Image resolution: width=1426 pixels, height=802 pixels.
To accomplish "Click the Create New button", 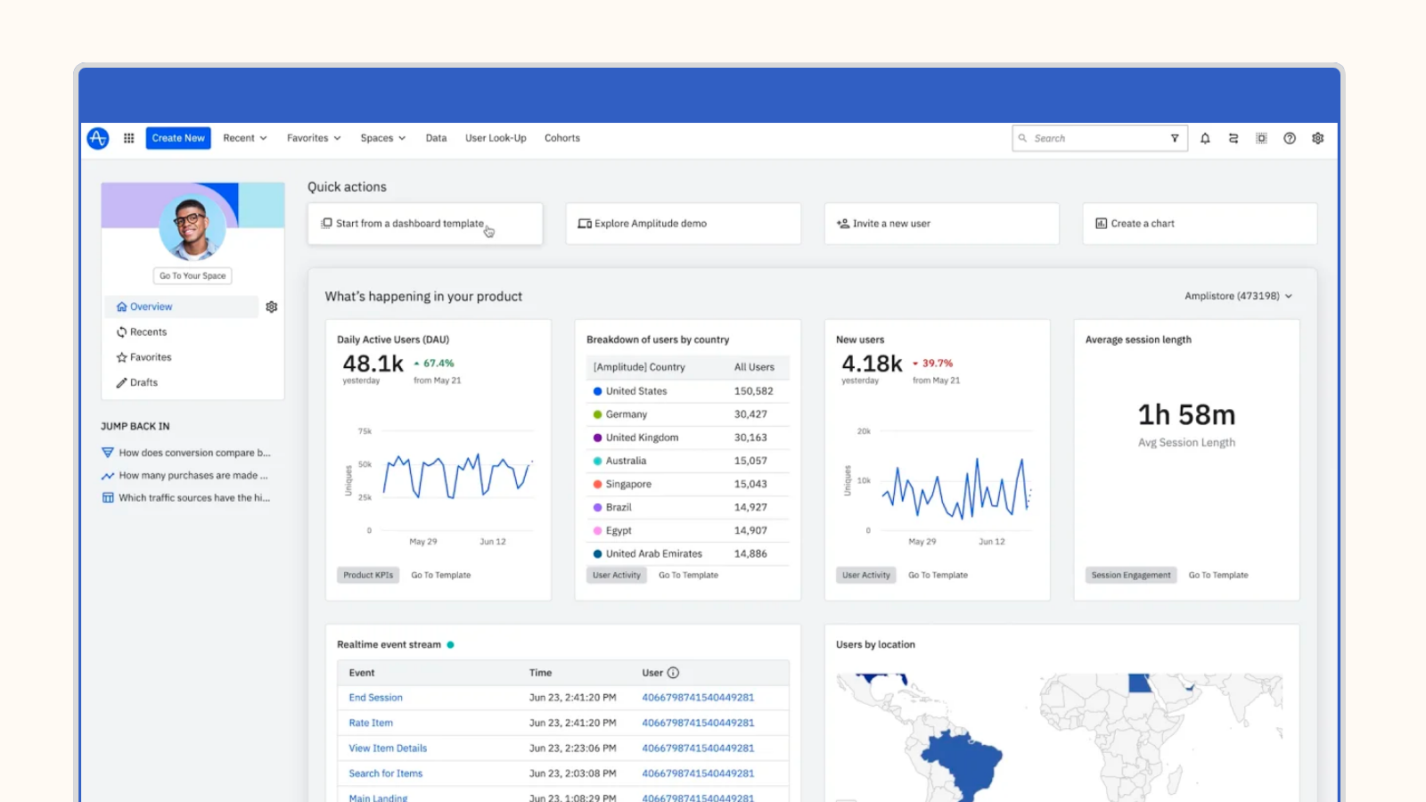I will pyautogui.click(x=178, y=138).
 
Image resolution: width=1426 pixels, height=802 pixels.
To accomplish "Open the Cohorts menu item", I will pyautogui.click(x=561, y=138).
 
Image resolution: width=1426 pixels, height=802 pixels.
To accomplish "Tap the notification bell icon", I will pyautogui.click(x=1205, y=138).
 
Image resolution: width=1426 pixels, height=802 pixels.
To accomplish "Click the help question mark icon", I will pyautogui.click(x=1290, y=138).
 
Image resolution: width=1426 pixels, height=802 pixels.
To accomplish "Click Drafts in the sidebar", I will pyautogui.click(x=143, y=382).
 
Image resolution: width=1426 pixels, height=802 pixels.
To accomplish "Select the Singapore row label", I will pyautogui.click(x=628, y=484).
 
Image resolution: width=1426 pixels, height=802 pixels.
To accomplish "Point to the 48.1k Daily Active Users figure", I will pyautogui.click(x=373, y=364).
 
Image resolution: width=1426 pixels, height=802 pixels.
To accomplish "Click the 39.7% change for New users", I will pyautogui.click(x=937, y=364).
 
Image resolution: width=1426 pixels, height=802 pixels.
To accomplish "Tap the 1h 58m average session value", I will pyautogui.click(x=1186, y=415).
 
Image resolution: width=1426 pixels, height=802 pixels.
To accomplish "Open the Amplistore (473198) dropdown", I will pyautogui.click(x=1238, y=296).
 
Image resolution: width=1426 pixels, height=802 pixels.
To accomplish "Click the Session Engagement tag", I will pyautogui.click(x=1131, y=575).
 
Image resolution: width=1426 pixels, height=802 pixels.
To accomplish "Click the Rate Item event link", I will pyautogui.click(x=371, y=723).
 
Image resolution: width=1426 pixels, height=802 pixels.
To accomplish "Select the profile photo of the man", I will pyautogui.click(x=193, y=226).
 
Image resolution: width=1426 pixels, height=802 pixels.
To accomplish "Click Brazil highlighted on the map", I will pyautogui.click(x=963, y=762).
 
